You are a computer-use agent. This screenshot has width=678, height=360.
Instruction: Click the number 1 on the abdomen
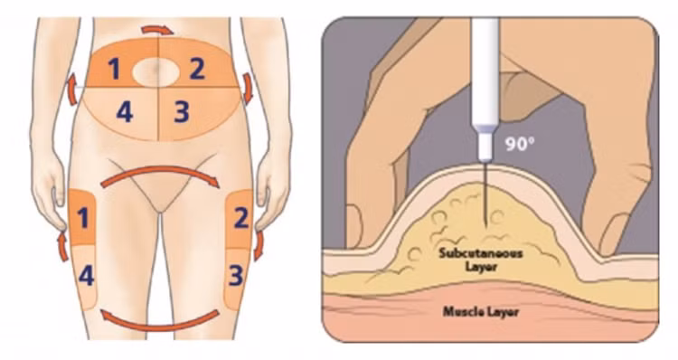coord(114,70)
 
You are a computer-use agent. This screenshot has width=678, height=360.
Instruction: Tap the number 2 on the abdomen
coord(197,69)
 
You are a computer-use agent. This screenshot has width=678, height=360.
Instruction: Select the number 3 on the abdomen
coord(182,112)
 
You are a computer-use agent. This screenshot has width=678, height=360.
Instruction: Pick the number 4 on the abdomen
coord(125,111)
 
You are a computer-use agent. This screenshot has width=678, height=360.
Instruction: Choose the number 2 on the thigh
coord(241,218)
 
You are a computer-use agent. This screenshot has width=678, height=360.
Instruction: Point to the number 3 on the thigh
coord(236,276)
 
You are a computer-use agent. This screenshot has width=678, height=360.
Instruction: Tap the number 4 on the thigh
coord(86,275)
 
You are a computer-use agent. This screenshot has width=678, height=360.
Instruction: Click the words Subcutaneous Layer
coord(481,260)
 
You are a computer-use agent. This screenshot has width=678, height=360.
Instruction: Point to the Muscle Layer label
coord(480,311)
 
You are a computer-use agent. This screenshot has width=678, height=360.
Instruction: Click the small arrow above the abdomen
coord(157,30)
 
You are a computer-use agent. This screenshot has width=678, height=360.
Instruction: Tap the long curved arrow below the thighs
coord(160,326)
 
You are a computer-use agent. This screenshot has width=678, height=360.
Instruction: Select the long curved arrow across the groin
coord(160,171)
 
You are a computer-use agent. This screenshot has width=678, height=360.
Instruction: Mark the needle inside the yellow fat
coord(486,205)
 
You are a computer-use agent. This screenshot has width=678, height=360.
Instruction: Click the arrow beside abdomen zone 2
coord(248,88)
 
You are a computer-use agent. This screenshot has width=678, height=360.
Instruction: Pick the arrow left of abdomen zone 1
coord(71,90)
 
